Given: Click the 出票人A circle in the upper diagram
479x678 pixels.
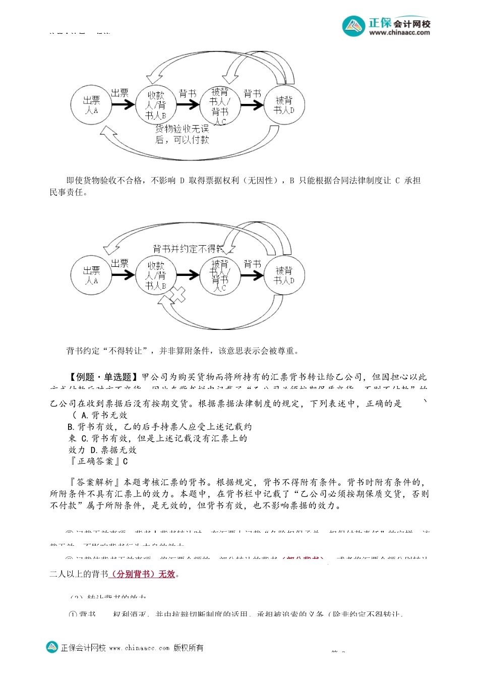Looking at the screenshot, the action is tap(91, 105).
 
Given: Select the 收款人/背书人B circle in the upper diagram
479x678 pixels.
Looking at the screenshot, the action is tap(156, 105).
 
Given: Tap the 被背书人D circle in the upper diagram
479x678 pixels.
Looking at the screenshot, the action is tap(284, 105).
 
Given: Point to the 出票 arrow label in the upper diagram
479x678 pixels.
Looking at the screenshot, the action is tap(120, 93).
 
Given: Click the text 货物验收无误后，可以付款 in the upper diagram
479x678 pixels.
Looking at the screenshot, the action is tap(182, 134).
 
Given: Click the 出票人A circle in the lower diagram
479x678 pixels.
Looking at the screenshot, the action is tap(91, 275).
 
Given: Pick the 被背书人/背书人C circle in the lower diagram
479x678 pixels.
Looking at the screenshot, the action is tap(220, 275).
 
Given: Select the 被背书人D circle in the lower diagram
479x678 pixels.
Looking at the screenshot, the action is tap(284, 275).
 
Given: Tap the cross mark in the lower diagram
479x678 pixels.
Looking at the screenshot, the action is tap(177, 295).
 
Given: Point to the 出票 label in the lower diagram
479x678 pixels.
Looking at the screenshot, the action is tap(120, 263).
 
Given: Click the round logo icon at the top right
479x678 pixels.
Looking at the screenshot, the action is tap(353, 26).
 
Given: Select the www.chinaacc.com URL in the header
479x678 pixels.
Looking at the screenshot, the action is tap(399, 33).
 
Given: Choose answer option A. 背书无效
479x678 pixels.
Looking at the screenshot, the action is tap(104, 415).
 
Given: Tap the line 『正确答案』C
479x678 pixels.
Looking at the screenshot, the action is tap(99, 461).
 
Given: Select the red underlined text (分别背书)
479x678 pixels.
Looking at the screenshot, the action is tap(133, 574).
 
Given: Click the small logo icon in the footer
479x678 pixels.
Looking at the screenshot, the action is tap(52, 647).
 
